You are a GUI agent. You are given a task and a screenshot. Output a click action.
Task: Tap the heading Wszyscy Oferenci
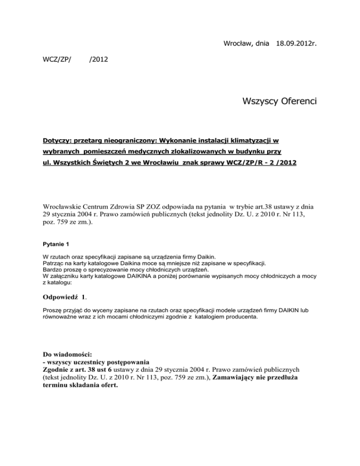(x=279, y=101)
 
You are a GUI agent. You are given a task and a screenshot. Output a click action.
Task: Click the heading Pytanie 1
(x=56, y=244)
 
